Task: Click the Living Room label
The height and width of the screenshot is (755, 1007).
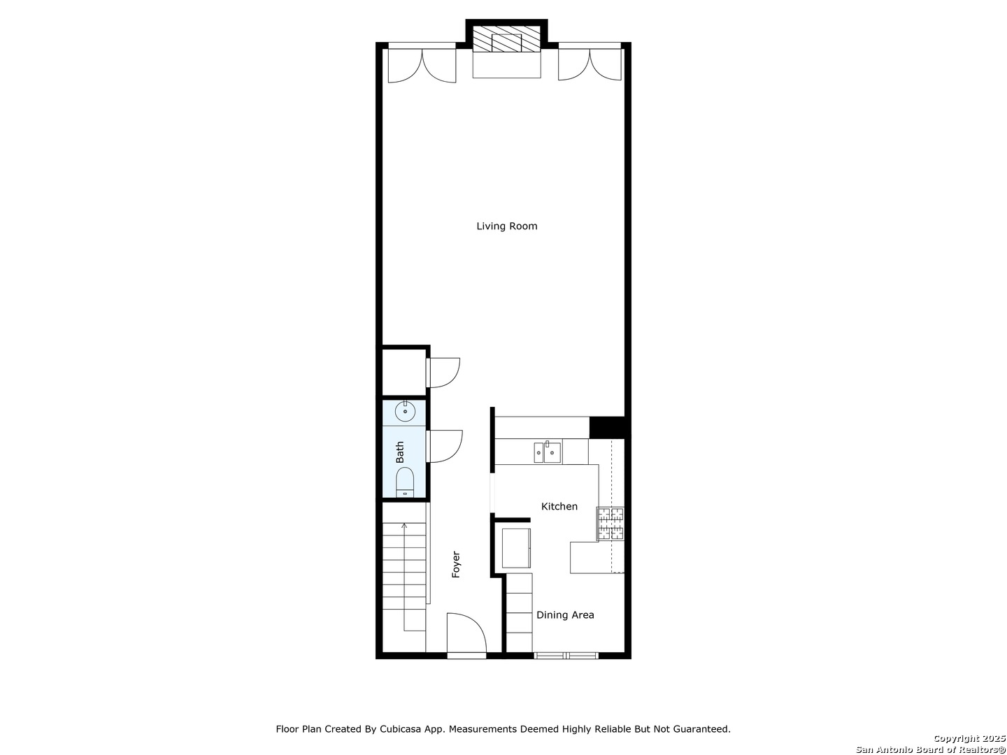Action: point(506,226)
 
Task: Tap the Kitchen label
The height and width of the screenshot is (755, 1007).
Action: point(559,506)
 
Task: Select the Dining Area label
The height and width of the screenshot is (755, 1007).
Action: point(564,615)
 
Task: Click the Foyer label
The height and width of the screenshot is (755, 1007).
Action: point(456,564)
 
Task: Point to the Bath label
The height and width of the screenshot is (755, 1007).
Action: point(400,452)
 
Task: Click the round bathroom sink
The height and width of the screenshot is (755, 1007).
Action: point(405,412)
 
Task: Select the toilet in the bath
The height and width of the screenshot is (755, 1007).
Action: point(405,482)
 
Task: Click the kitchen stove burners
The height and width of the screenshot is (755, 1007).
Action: point(610,524)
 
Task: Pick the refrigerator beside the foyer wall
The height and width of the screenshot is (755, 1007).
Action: point(516,548)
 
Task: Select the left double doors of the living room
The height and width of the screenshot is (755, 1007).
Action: point(422,65)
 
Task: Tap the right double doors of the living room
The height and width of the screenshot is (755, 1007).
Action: point(590,64)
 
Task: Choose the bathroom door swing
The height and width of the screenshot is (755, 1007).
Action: point(443,446)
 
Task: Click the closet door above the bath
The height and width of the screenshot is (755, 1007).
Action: point(443,373)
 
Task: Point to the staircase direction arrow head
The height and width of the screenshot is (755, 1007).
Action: point(404,524)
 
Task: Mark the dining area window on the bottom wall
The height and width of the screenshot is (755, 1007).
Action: point(566,655)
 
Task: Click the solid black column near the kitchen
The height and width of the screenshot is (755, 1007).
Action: point(606,426)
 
